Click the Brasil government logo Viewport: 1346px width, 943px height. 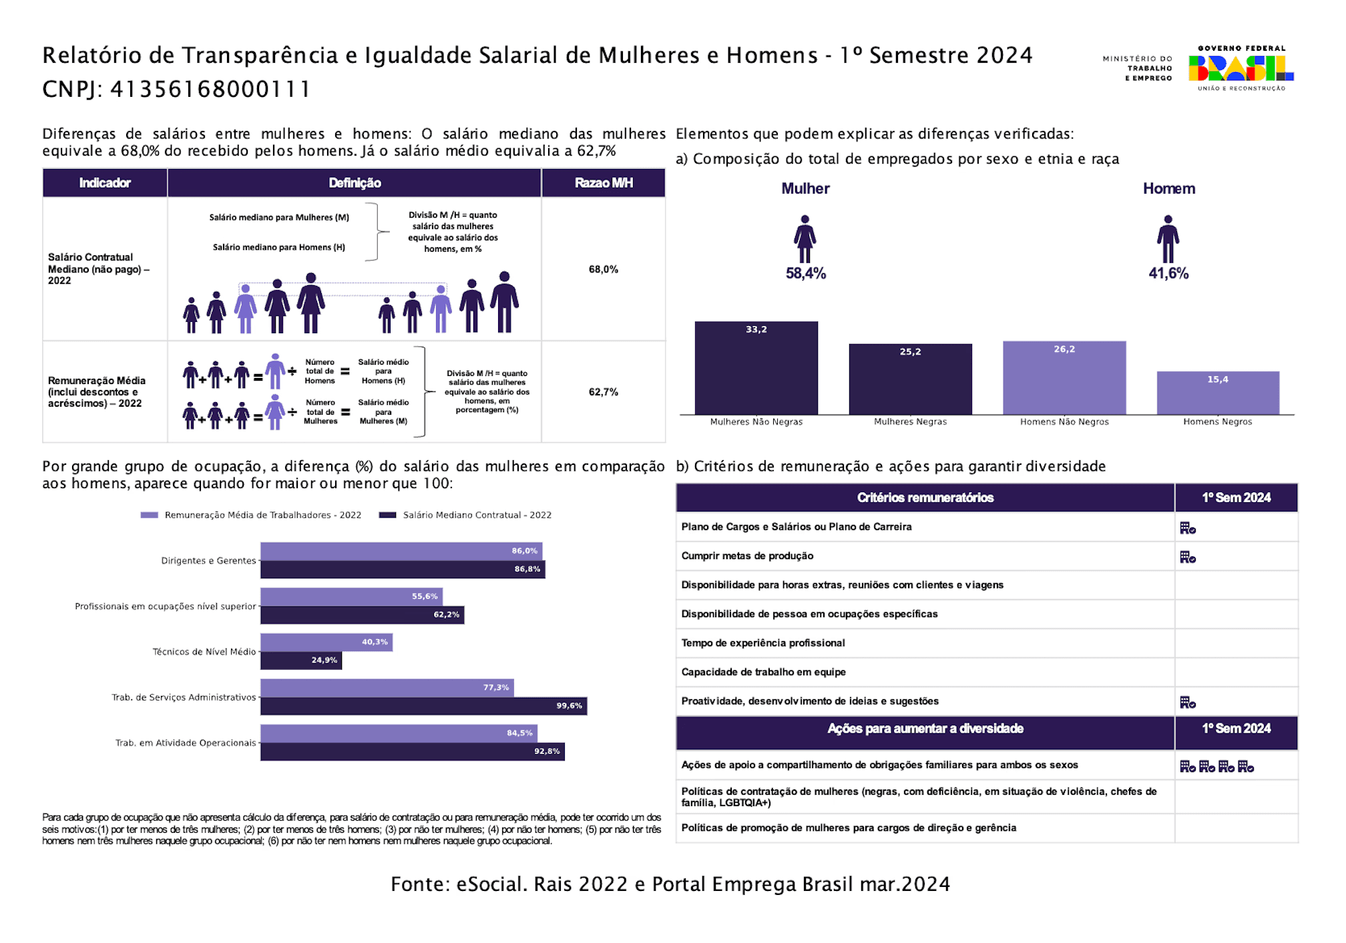[1241, 68]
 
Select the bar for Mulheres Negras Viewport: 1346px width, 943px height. [910, 380]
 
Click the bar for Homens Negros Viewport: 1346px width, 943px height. [1218, 393]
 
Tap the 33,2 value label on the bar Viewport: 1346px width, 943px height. [756, 330]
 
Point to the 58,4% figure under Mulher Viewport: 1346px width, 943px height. [805, 273]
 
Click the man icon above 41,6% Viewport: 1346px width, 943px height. [1168, 239]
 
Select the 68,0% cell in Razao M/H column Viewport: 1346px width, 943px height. [603, 269]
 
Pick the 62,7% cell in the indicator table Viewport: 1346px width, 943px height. [603, 392]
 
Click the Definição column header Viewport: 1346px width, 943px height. [355, 183]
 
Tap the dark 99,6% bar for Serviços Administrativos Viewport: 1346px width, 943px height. [423, 706]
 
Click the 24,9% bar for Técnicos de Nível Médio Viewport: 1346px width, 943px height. [300, 661]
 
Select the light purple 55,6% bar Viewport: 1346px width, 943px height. [351, 596]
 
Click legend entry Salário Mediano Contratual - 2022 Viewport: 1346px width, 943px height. [477, 515]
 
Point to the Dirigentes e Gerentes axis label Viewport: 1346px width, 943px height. [208, 560]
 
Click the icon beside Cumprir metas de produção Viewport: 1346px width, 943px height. [1188, 557]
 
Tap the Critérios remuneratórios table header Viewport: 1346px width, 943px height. [925, 498]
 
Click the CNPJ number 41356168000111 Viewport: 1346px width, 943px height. [210, 89]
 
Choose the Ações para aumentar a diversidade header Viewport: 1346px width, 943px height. [925, 729]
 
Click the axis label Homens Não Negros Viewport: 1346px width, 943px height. [1064, 422]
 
